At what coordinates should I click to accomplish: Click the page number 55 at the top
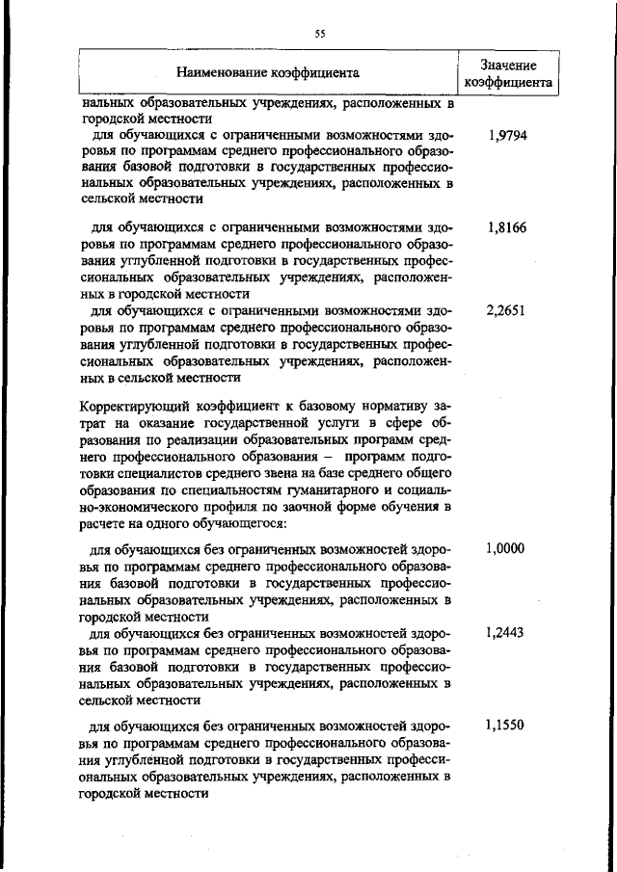coord(321,34)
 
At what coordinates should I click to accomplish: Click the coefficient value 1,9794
coord(507,137)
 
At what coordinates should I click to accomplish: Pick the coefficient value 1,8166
coord(507,228)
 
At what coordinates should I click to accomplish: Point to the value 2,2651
coord(507,313)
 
